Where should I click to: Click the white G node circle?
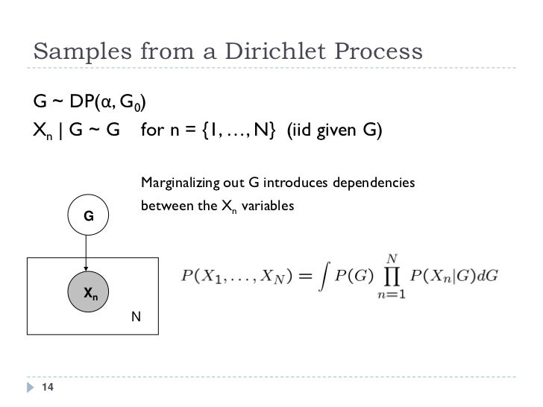pyautogui.click(x=88, y=216)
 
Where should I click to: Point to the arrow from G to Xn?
pyautogui.click(x=88, y=253)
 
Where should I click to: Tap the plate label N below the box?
pyautogui.click(x=135, y=317)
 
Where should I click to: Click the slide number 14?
pyautogui.click(x=49, y=386)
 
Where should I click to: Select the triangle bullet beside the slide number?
pyautogui.click(x=30, y=386)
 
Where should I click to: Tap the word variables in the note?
pyautogui.click(x=266, y=204)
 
